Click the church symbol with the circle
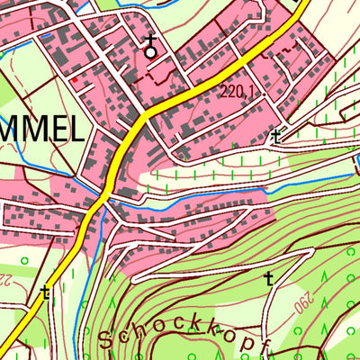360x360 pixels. tap(150, 48)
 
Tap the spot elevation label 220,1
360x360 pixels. tap(236, 91)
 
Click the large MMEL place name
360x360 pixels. tap(40, 132)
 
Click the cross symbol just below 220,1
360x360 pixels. tap(275, 137)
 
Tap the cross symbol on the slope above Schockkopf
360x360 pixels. tap(268, 278)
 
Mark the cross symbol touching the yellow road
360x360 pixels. tap(44, 292)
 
